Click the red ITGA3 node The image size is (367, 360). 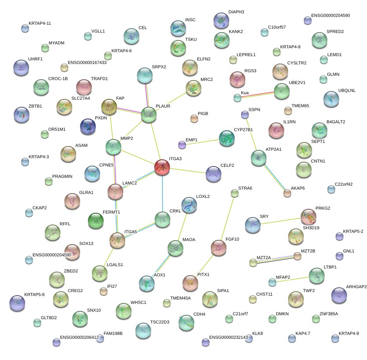pos(162,167)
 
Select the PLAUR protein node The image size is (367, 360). pos(149,115)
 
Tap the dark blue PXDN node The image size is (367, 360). pos(88,126)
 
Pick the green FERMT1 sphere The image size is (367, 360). pos(96,221)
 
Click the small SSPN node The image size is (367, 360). pos(245,115)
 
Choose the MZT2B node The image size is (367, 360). pos(298,256)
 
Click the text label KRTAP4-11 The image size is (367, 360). pos(40,24)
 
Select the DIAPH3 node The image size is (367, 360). pos(221,20)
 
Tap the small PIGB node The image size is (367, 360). pos(194,118)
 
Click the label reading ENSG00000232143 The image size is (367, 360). pos(228,337)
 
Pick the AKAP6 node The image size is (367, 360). pos(287,193)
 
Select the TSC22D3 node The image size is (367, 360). pos(143,331)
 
